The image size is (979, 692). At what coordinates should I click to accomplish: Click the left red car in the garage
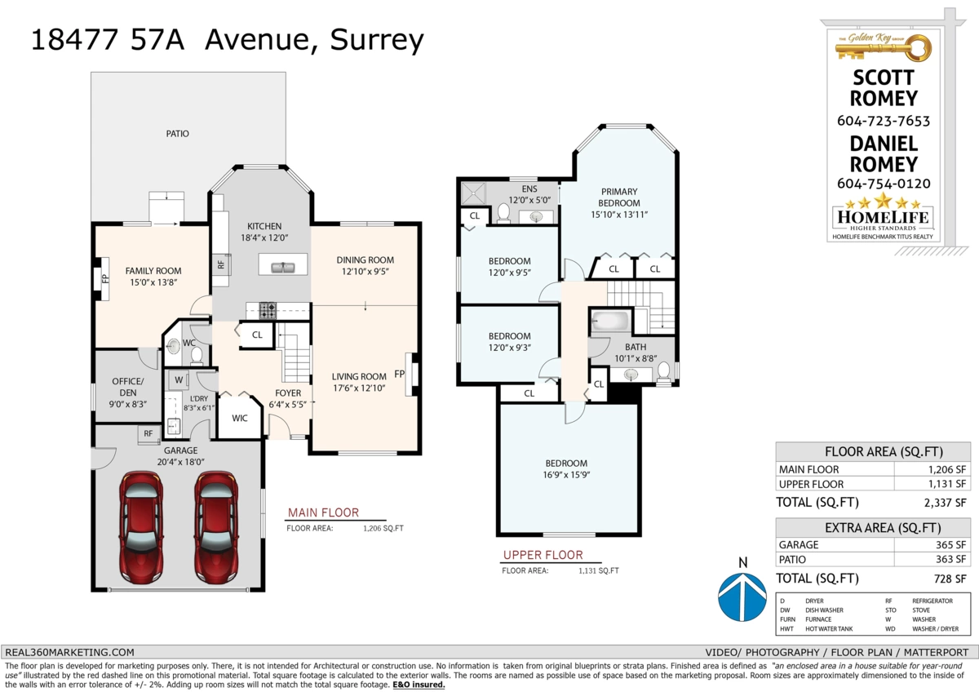tap(140, 527)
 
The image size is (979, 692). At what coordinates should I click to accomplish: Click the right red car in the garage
tap(216, 527)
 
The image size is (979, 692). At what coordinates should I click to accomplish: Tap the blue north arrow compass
tap(742, 597)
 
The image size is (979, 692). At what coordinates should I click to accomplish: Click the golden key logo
tap(883, 47)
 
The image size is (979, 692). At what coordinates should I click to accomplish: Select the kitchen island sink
tap(283, 267)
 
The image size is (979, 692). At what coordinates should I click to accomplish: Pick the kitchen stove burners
tap(267, 310)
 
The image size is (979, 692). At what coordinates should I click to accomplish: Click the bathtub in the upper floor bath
tap(610, 322)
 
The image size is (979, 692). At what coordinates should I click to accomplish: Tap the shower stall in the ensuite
tap(473, 193)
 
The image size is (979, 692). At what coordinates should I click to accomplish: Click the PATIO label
tap(178, 134)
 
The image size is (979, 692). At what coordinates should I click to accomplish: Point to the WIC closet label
tap(240, 419)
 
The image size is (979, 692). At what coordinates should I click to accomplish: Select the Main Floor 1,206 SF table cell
tap(946, 469)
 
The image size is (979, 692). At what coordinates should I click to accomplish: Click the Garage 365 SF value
tap(950, 544)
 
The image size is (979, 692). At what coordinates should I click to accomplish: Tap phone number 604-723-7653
tap(884, 121)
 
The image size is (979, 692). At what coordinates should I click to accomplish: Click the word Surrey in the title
tap(377, 40)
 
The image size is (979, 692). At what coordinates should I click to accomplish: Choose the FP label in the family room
tap(105, 278)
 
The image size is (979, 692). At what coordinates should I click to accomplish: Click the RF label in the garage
tap(148, 433)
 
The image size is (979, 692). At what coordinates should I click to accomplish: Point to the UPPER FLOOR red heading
tap(543, 555)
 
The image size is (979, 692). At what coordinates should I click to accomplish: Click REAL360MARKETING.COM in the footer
tap(69, 652)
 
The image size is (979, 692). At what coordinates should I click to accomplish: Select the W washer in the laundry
tap(179, 380)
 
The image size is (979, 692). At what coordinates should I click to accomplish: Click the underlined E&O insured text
tap(419, 685)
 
